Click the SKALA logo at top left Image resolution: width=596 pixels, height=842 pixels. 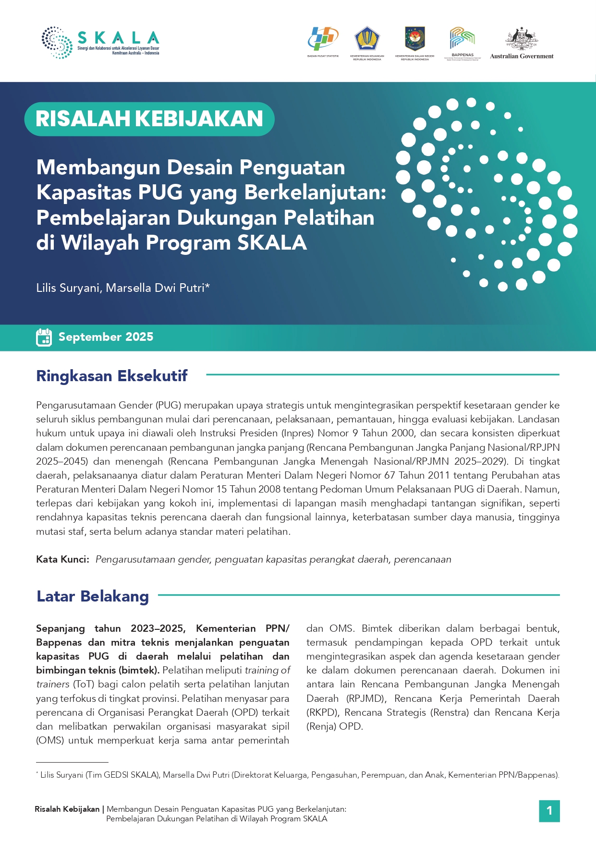[x=100, y=43]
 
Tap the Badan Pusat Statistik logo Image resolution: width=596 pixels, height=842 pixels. [x=323, y=39]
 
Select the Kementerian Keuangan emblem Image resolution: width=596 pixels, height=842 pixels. [x=367, y=39]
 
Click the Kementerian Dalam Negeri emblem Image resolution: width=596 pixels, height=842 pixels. [x=415, y=39]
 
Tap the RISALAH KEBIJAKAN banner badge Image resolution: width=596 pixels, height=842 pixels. [x=149, y=119]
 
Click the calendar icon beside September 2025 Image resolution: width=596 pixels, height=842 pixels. [x=44, y=337]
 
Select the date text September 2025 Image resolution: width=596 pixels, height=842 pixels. [x=106, y=337]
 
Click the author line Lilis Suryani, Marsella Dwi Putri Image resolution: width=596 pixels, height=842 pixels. [x=123, y=288]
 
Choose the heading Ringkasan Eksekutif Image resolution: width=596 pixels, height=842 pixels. [x=112, y=376]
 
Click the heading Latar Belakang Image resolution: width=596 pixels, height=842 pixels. [x=93, y=596]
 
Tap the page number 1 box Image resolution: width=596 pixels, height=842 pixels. [x=549, y=811]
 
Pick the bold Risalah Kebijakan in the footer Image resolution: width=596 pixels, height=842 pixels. [x=67, y=809]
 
